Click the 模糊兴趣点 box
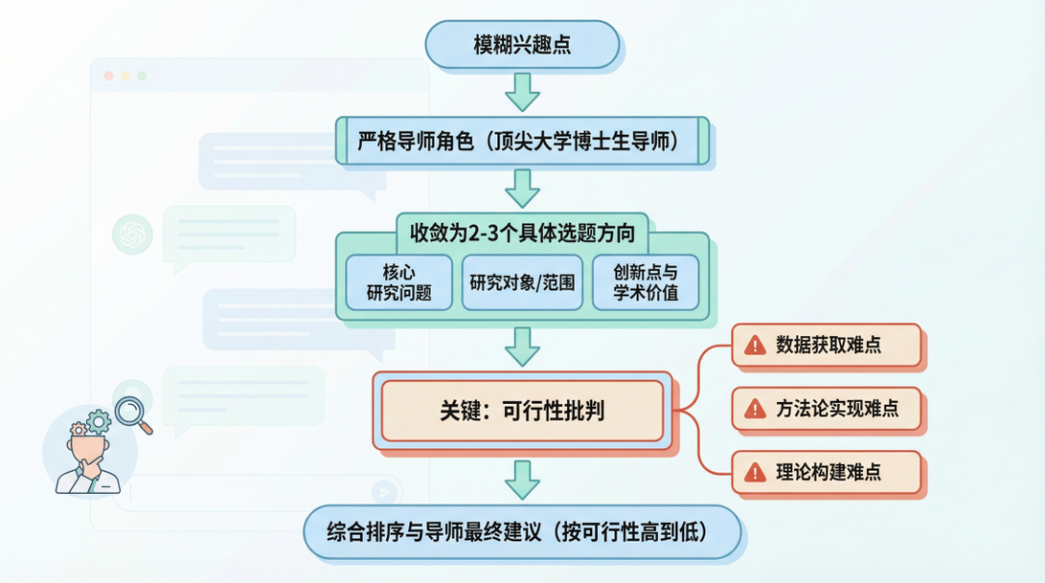pos(522,46)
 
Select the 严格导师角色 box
pos(522,141)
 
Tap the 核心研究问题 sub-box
pos(399,282)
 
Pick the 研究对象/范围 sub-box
pos(522,282)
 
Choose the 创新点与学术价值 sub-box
pos(645,282)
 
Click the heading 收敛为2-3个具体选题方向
pos(522,234)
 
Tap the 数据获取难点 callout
pos(826,345)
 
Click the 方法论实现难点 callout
pos(826,409)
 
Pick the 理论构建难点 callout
pos(826,473)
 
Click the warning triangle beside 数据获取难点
pos(755,346)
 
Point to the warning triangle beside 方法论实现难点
pos(755,410)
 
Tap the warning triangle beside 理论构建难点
pos(755,474)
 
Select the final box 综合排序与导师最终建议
pos(522,532)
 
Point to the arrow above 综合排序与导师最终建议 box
pos(522,479)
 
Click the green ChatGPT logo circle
pos(133,233)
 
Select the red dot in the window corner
pos(108,76)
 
